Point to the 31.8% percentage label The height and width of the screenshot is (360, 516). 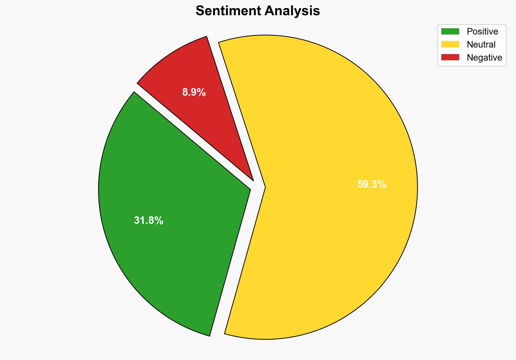click(149, 221)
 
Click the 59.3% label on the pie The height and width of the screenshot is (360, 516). click(372, 184)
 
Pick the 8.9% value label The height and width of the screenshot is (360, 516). click(194, 93)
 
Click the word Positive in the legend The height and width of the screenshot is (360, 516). click(482, 32)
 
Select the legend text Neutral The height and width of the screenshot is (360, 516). click(481, 45)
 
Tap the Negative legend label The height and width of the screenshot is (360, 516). click(484, 58)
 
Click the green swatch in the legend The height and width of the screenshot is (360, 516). click(450, 32)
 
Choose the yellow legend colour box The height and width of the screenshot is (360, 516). click(450, 44)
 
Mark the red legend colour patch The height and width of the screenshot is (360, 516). click(450, 57)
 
